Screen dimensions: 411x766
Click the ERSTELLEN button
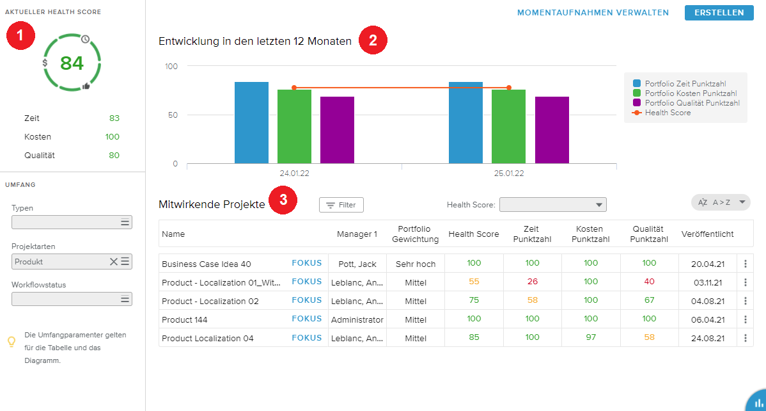click(x=719, y=13)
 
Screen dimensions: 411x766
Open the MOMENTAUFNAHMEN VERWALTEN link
click(x=593, y=13)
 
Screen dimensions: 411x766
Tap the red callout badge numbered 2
click(x=373, y=41)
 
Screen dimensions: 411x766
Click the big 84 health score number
click(x=72, y=63)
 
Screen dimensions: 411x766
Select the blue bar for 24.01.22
click(x=251, y=122)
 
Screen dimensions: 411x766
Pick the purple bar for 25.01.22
click(x=552, y=130)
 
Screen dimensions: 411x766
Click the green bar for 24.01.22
click(x=294, y=126)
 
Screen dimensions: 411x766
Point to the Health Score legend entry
click(x=668, y=113)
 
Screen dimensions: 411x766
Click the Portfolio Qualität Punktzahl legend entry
click(x=692, y=103)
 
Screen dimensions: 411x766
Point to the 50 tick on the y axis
click(x=172, y=115)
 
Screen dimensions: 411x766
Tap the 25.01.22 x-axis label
click(x=509, y=173)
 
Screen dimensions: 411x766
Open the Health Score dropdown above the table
click(x=552, y=205)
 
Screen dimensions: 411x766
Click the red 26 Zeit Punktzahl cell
click(x=532, y=282)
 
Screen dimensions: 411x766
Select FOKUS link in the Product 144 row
click(x=307, y=319)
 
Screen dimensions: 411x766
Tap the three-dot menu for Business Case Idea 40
click(x=745, y=264)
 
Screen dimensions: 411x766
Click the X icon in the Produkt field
click(x=114, y=261)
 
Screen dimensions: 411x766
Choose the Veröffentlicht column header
click(x=707, y=234)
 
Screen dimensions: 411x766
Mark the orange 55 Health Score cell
click(x=474, y=282)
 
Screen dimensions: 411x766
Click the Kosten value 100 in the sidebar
click(x=112, y=137)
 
